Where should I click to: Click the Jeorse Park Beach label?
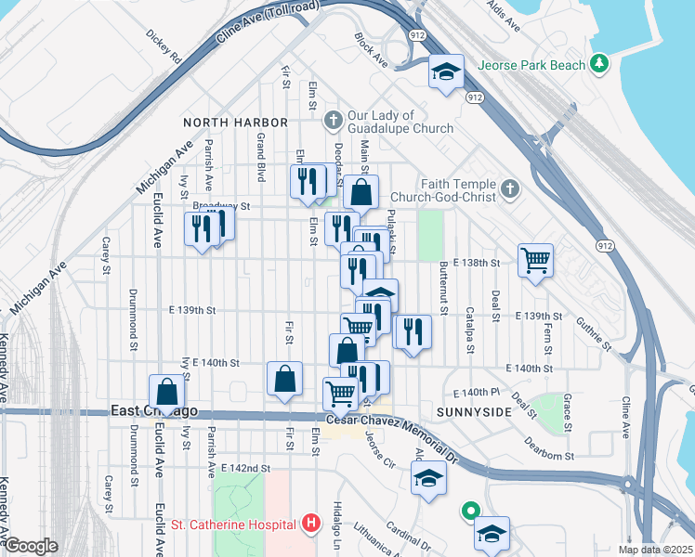coord(531,65)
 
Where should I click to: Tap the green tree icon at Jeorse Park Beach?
coord(602,63)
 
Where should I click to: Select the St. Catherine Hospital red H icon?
coord(311,525)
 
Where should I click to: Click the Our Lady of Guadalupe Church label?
coord(400,122)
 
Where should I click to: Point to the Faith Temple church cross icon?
coord(508,190)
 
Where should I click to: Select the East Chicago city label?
coord(154,411)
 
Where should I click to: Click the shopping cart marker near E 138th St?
coord(536,259)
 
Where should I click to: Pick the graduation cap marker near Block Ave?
coord(446,71)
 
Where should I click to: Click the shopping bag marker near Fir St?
coord(284,379)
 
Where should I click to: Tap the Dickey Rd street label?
coord(163,47)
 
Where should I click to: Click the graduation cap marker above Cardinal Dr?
coord(428,478)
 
